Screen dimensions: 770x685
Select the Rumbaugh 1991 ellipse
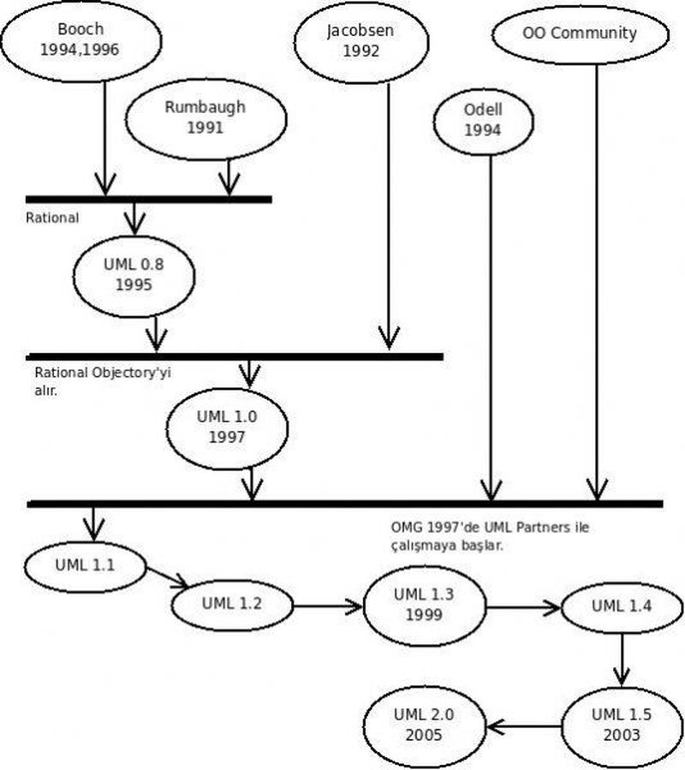205,118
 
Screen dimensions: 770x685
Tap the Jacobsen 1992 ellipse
360,41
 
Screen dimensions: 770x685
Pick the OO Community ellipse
579,34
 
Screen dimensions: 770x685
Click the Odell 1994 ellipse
482,121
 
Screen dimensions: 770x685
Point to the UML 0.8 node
134,275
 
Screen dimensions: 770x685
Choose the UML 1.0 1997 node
227,427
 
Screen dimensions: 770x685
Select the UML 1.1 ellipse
85,566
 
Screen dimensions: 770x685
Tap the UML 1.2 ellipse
231,602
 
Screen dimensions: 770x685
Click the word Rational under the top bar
52,218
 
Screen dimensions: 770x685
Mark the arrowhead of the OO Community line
597,490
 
